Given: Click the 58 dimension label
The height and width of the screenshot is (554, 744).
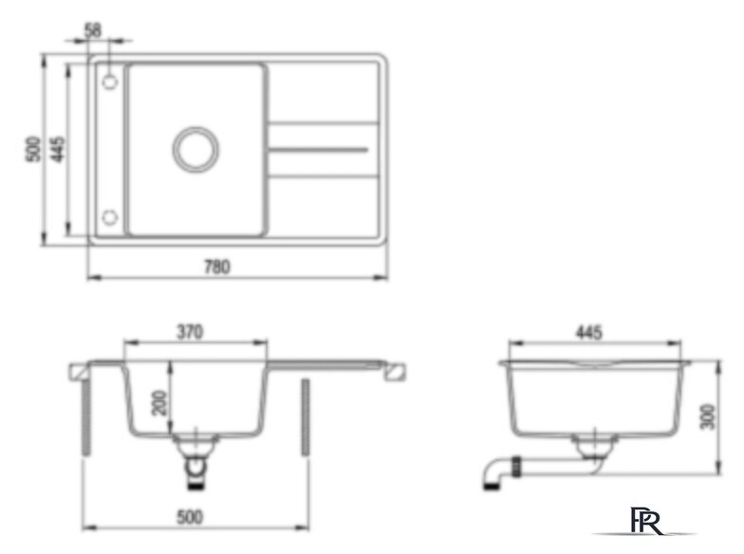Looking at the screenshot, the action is coord(93,30).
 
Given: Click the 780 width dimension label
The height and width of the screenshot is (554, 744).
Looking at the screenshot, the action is coord(216,267).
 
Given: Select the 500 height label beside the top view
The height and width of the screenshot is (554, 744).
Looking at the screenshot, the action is coord(33,150).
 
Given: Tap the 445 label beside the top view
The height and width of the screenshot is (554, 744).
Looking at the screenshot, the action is coord(58,150).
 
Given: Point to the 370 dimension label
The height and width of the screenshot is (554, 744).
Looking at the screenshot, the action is coord(190,332).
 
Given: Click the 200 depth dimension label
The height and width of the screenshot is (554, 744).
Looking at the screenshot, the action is coord(159,402).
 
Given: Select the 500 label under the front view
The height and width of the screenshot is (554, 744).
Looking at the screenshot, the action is coord(190,517).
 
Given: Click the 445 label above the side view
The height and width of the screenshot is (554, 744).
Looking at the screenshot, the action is coord(588,332).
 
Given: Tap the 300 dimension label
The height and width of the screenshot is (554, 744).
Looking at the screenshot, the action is coord(708,416).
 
